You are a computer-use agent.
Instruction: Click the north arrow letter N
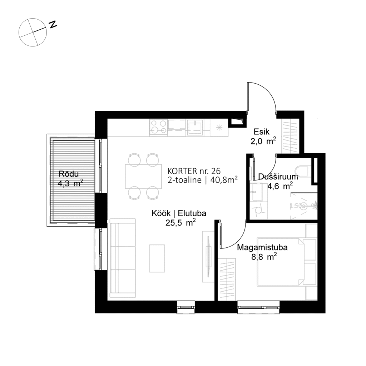coord(53,24)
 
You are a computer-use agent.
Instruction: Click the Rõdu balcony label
coord(68,174)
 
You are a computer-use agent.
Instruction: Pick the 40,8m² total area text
coord(225,180)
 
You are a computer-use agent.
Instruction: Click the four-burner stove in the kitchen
coord(158,128)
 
